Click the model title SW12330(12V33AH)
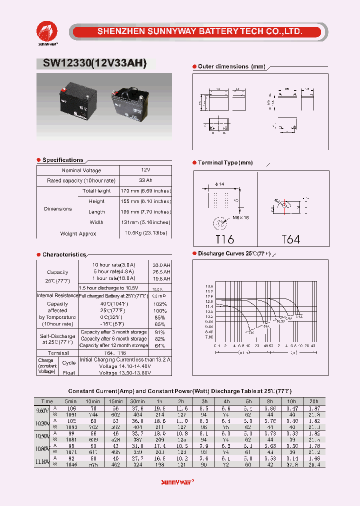[91, 63]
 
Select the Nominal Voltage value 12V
[145, 170]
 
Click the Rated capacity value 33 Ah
[145, 180]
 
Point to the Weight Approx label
[78, 233]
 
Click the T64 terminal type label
[290, 239]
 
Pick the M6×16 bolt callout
[240, 217]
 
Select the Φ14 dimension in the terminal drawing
[219, 184]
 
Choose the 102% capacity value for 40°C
[160, 303]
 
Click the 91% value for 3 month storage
[160, 332]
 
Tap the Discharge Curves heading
[234, 253]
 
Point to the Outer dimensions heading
[231, 66]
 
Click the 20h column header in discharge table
[313, 401]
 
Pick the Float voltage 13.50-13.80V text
[124, 372]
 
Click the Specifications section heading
[62, 160]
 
